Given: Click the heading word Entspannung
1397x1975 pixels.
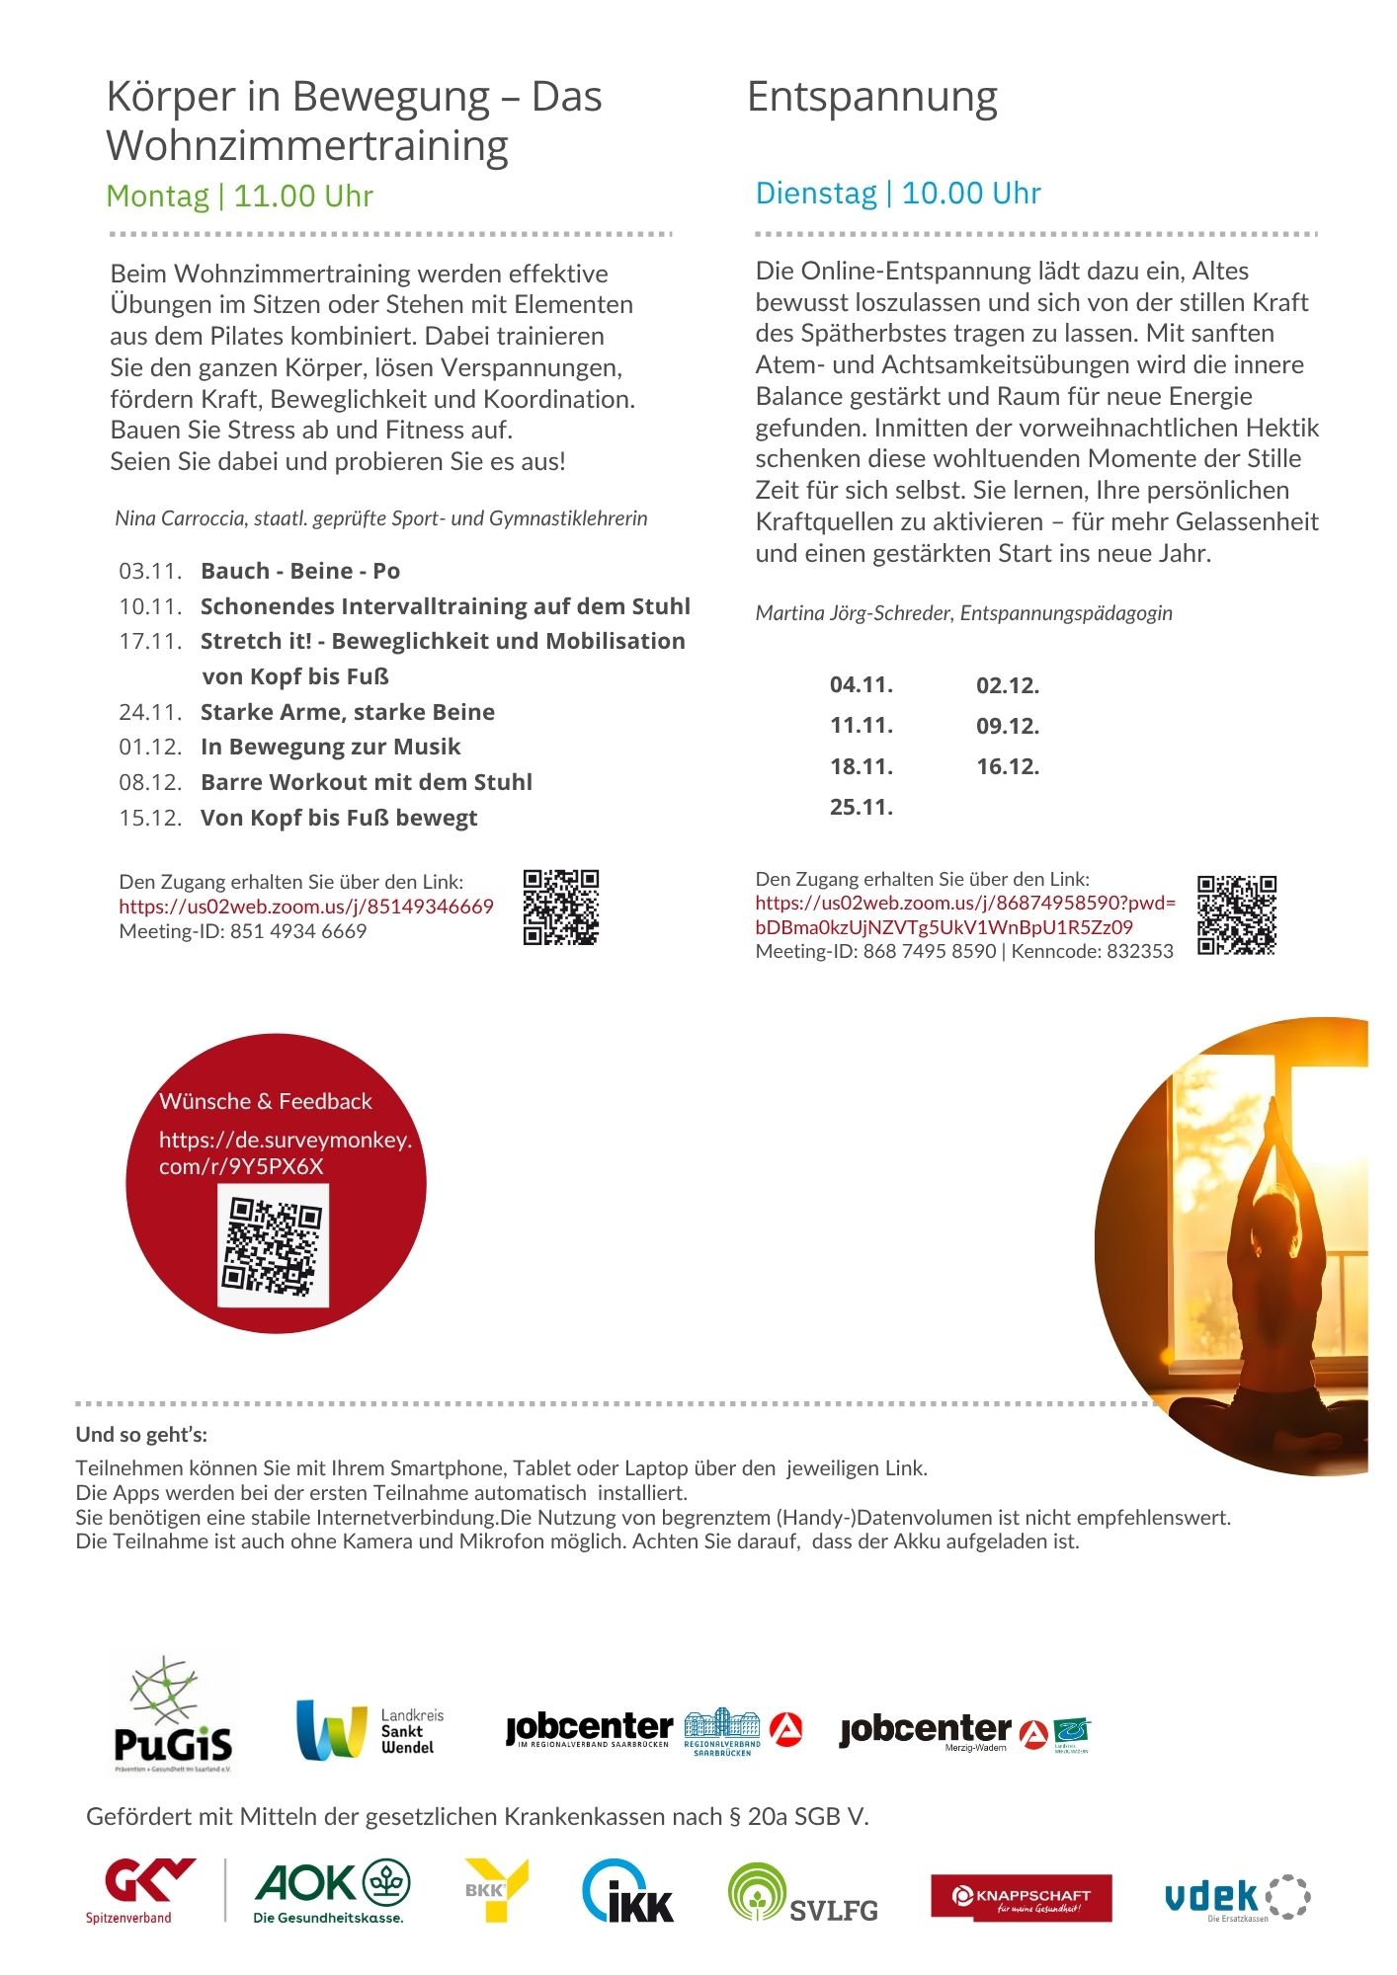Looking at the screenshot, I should click(871, 98).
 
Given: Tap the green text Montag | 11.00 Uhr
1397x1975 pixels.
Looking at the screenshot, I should click(239, 196).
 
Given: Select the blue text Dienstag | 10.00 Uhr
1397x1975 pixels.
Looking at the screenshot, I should click(897, 193).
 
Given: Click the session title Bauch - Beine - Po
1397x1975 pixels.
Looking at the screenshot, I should click(300, 571).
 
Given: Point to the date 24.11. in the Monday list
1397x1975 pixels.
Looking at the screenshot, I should click(150, 712).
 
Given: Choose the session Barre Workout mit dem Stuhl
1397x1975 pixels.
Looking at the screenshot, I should click(366, 782).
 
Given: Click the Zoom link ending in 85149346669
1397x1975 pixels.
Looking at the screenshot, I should click(306, 907).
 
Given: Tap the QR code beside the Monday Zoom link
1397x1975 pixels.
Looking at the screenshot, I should click(561, 907).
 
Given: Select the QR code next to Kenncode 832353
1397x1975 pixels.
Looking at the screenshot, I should click(1236, 914).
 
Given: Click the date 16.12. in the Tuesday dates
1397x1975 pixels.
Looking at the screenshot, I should click(1008, 766).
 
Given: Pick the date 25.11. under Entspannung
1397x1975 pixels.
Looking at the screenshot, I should click(861, 807).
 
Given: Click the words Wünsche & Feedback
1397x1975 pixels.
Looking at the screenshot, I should click(266, 1101).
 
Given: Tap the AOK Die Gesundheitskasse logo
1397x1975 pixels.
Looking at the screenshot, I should click(332, 1892).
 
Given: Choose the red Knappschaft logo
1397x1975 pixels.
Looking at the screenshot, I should click(1021, 1897).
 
